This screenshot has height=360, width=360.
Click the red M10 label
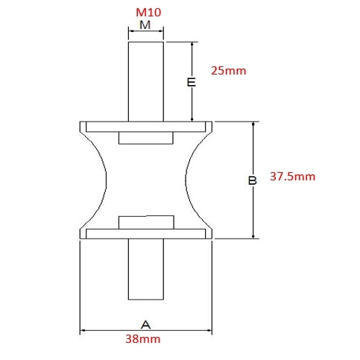[x=147, y=13]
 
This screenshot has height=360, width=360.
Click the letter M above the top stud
[x=146, y=25]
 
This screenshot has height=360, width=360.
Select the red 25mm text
[x=228, y=72]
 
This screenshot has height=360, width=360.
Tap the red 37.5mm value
[x=293, y=177]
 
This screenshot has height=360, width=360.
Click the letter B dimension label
[x=253, y=180]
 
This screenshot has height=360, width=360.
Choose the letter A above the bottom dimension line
[x=146, y=324]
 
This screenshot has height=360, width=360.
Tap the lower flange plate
[x=146, y=233]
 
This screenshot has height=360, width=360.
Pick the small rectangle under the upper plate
[x=147, y=138]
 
